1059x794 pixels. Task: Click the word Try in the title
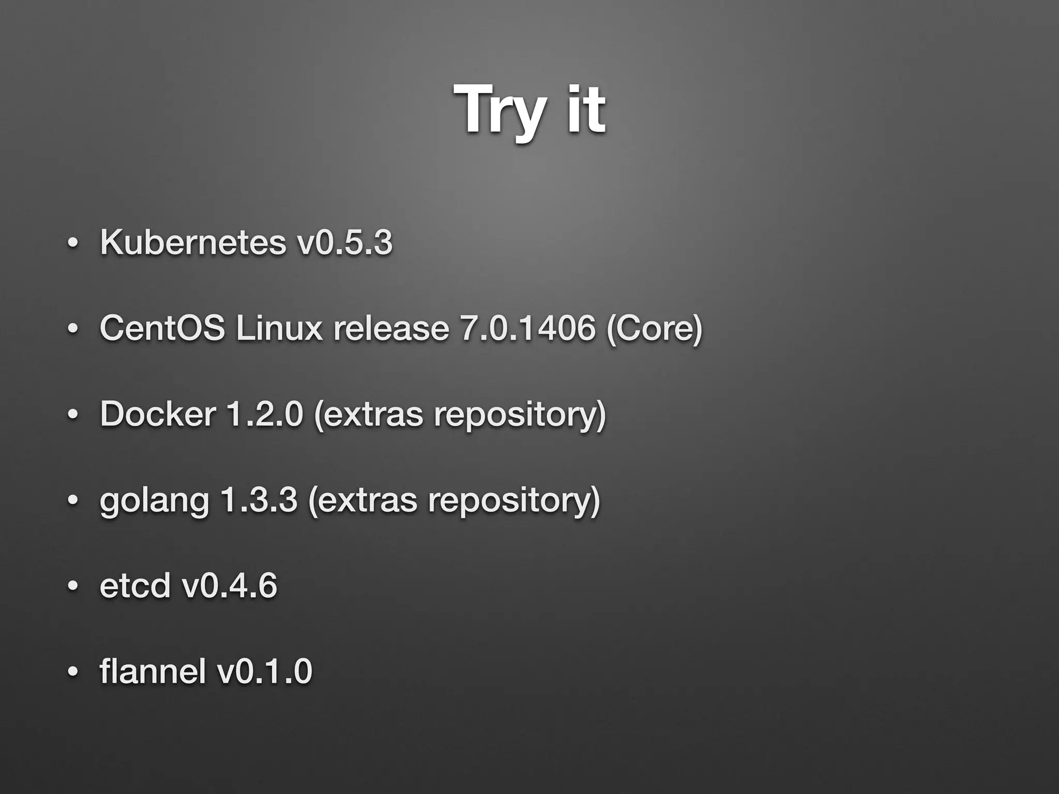(500, 111)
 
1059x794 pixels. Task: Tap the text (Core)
(654, 329)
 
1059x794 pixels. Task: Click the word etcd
(135, 585)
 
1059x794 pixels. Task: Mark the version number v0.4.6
(230, 585)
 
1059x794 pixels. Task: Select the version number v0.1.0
(264, 671)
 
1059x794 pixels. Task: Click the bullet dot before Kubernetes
(73, 242)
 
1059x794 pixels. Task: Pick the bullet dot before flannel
(73, 672)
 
